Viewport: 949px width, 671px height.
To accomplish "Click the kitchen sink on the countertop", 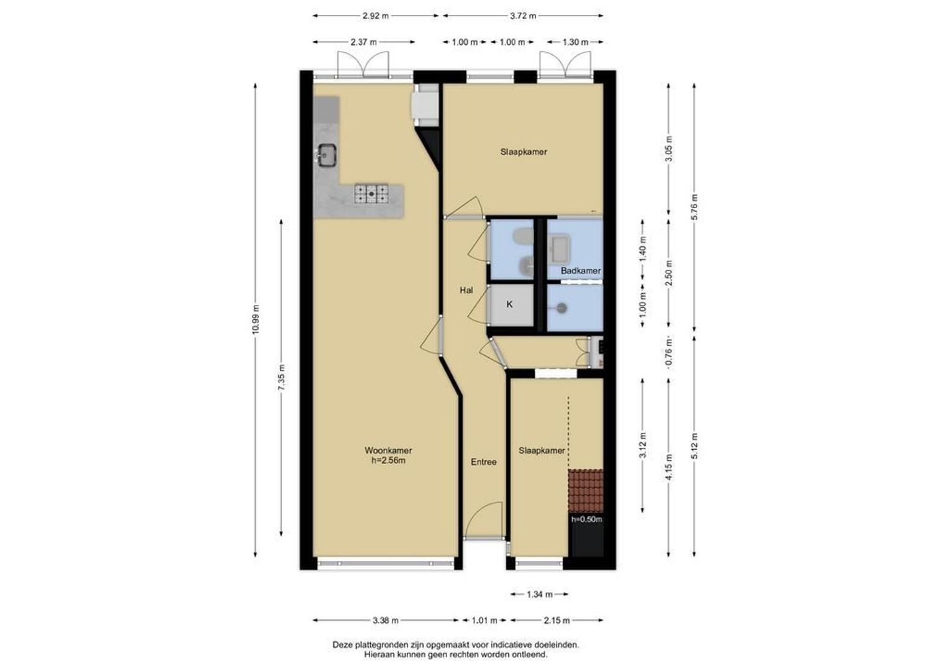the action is [x=328, y=155].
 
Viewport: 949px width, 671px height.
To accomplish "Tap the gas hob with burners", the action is [x=371, y=193].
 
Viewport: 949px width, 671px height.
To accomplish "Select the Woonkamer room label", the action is [x=388, y=450].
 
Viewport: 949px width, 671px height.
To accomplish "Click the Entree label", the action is [x=483, y=462].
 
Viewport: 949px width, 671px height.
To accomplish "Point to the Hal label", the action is [x=466, y=290].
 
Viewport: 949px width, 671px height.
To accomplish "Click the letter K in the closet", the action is [x=510, y=304].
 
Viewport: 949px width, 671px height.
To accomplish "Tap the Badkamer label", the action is [x=581, y=270].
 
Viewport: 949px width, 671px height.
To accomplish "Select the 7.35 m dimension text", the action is [x=282, y=378].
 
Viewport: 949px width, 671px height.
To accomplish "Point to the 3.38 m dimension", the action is [x=386, y=621].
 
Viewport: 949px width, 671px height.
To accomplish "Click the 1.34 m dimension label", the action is [x=540, y=595].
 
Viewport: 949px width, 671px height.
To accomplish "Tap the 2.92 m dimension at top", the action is [x=376, y=16].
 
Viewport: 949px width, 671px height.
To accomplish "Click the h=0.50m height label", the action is [x=586, y=519].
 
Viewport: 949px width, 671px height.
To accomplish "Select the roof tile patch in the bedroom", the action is [x=586, y=491].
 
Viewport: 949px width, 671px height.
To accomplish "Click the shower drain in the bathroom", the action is [x=562, y=308].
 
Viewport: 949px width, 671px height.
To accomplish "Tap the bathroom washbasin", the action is [x=560, y=248].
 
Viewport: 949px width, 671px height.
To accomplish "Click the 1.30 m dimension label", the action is [x=575, y=42].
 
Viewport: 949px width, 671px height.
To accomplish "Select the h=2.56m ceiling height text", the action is [x=388, y=460].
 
